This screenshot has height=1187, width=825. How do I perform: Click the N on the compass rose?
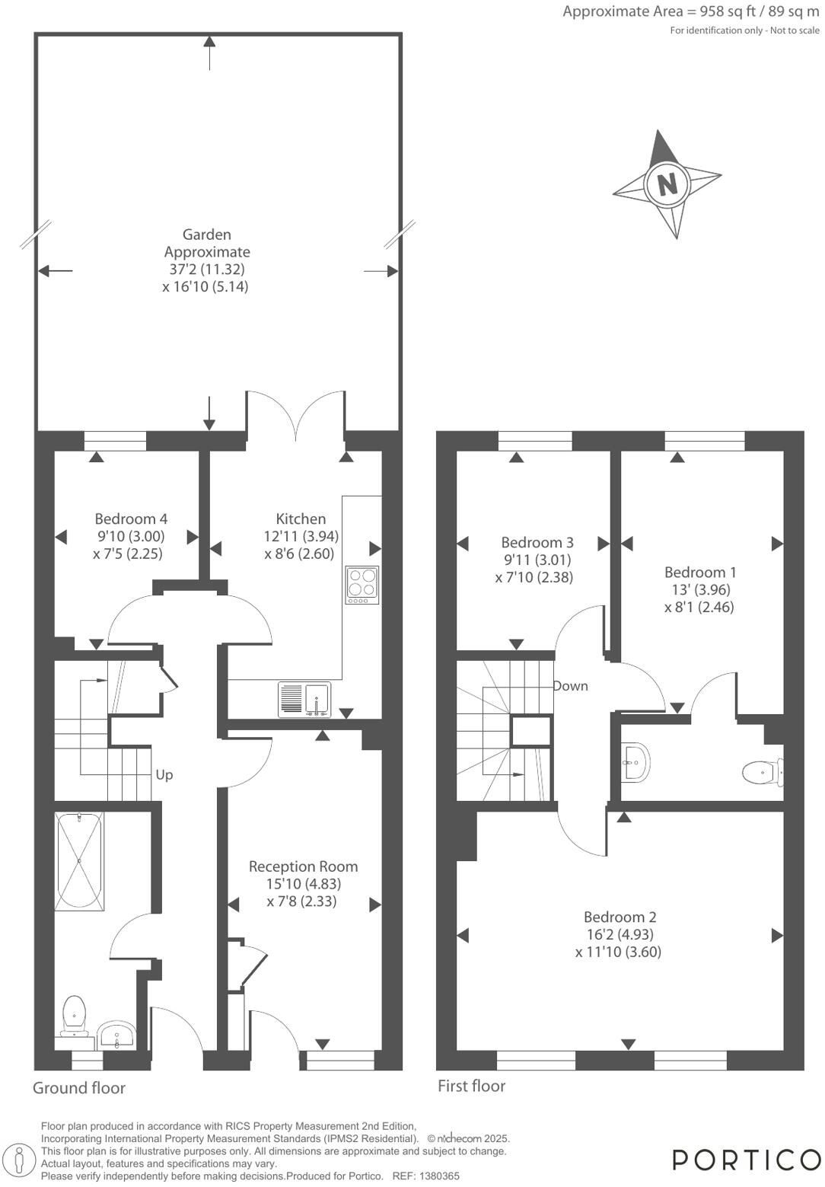pyautogui.click(x=667, y=184)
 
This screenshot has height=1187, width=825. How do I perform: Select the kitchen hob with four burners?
pyautogui.click(x=362, y=585)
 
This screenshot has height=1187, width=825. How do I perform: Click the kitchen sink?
pyautogui.click(x=317, y=698)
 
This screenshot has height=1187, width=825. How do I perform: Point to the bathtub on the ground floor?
pyautogui.click(x=79, y=860)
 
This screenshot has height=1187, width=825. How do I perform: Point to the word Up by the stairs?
pyautogui.click(x=164, y=775)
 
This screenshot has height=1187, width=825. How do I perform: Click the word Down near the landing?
pyautogui.click(x=570, y=686)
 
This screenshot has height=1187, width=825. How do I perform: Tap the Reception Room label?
pyautogui.click(x=303, y=866)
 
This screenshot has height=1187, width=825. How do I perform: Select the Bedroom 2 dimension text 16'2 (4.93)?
pyautogui.click(x=618, y=934)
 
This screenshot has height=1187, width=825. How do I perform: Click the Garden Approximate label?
pyautogui.click(x=207, y=243)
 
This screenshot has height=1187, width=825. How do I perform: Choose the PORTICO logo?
pyautogui.click(x=745, y=1160)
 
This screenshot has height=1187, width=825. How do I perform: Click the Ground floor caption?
pyautogui.click(x=79, y=1088)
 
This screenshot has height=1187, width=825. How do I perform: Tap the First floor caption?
pyautogui.click(x=471, y=1086)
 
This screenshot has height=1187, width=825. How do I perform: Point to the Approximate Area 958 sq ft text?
pyautogui.click(x=690, y=11)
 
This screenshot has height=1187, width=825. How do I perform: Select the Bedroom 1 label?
pyautogui.click(x=700, y=573)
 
